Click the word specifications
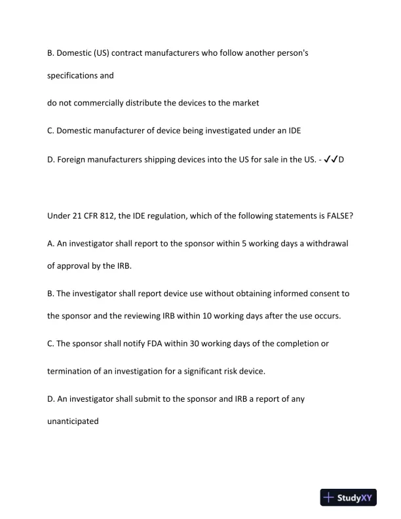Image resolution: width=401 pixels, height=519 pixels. coord(75,75)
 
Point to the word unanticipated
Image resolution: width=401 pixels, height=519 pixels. coord(73,421)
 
